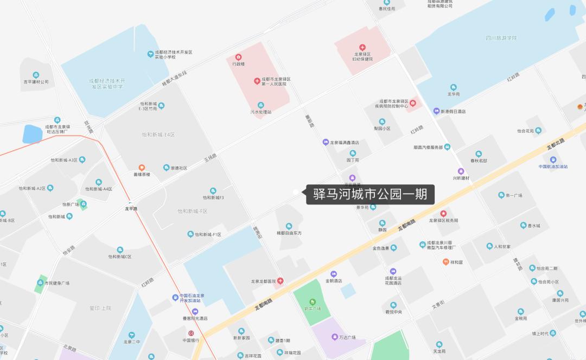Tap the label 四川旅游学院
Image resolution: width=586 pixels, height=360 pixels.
[501, 38]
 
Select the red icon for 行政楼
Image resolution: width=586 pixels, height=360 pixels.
[238, 57]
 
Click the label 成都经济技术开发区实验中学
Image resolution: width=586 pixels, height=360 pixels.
[107, 83]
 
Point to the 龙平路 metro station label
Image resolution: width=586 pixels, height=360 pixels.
[131, 208]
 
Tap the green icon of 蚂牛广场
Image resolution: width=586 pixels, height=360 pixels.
[312, 302]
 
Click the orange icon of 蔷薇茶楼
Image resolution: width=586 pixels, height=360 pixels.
[142, 168]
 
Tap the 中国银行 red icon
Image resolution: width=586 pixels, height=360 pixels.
[191, 333]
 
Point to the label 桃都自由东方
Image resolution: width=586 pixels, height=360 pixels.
[289, 233]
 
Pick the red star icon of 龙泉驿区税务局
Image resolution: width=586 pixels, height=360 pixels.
[443, 214]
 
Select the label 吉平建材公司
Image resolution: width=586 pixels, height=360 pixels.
[36, 82]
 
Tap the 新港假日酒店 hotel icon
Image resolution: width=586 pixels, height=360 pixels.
[436, 111]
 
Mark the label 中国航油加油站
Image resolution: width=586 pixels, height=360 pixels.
[553, 166]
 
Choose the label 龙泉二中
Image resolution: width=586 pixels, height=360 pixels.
[131, 342]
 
